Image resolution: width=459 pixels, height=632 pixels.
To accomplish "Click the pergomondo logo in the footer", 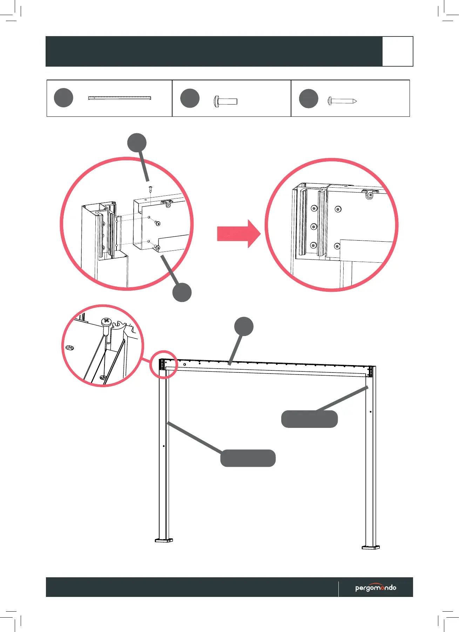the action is (x=376, y=587).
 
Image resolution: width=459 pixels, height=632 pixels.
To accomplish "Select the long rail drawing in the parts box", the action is (x=120, y=98).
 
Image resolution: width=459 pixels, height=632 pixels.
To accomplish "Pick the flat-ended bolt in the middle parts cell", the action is (x=225, y=102).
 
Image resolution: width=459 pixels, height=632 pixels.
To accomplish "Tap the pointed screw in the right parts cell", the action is (x=342, y=101).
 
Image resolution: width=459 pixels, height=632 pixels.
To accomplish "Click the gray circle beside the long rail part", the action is (x=63, y=98).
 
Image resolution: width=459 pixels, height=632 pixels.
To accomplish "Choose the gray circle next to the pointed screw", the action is (x=309, y=99).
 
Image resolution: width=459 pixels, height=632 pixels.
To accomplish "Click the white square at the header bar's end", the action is (x=397, y=51).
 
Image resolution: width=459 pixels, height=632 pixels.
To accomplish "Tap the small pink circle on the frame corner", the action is (x=163, y=364).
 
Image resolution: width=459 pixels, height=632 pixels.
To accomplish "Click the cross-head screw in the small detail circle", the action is (x=106, y=321).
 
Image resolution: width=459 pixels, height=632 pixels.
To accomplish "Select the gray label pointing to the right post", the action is (x=309, y=419).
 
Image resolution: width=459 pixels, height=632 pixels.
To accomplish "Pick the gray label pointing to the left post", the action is (x=248, y=458).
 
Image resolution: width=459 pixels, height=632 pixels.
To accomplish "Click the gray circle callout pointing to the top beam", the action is (x=244, y=327).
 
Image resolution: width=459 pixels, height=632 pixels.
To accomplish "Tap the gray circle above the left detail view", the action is (x=137, y=143).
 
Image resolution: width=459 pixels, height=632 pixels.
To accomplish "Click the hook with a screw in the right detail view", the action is (x=370, y=194).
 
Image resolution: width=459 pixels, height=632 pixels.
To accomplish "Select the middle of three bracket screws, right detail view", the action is (x=314, y=227).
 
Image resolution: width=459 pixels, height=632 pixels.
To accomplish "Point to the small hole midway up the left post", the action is (x=164, y=446).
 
